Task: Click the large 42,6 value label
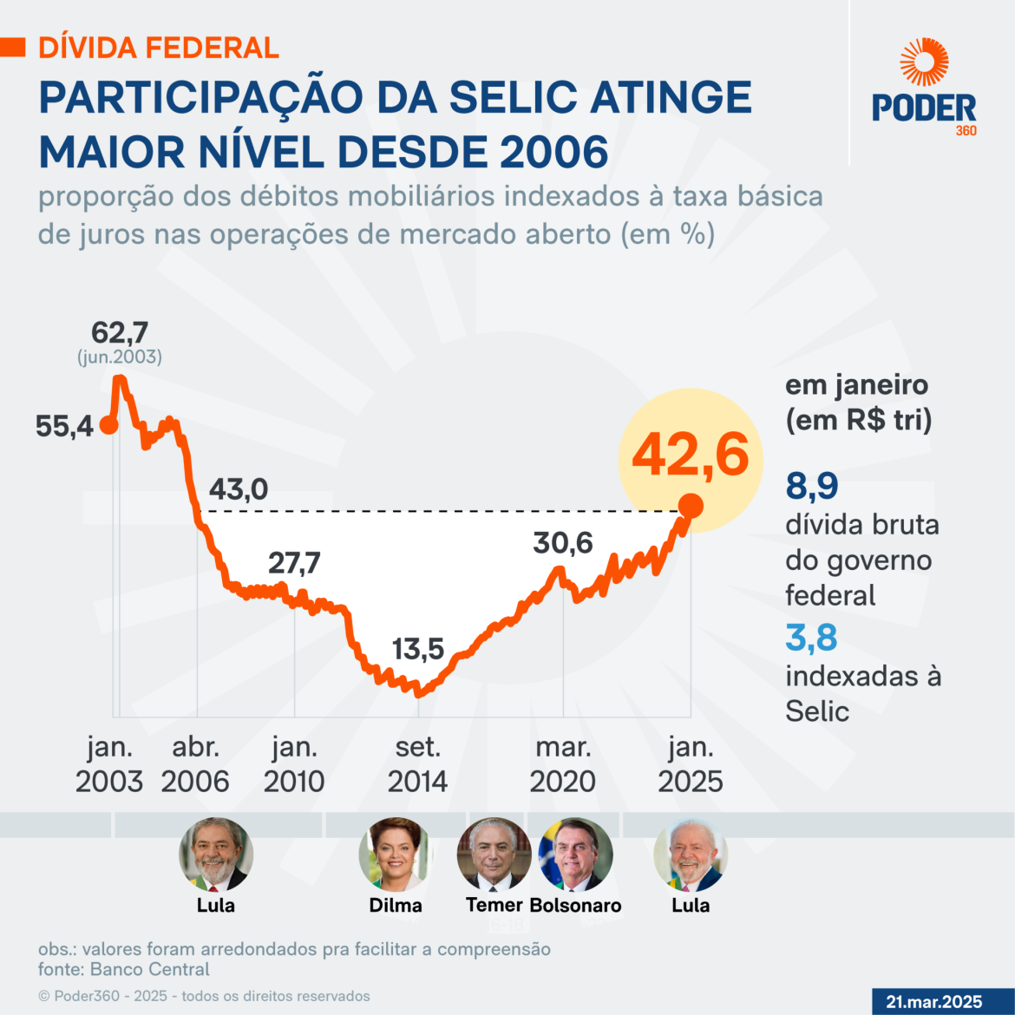point(690,454)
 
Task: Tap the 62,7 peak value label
point(120,333)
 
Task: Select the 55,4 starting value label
point(64,426)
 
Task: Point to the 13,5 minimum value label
point(418,649)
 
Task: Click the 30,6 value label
point(562,543)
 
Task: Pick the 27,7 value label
point(294,563)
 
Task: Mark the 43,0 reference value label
point(239,489)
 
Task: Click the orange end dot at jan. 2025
point(691,506)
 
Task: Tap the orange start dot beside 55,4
point(108,425)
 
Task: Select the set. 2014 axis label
point(417,764)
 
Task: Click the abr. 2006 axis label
point(195,764)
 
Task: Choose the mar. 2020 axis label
point(562,764)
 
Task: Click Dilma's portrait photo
point(396,855)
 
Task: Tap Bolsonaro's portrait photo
point(575,855)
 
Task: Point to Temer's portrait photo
point(494,855)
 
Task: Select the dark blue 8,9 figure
point(812,486)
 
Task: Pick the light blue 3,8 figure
point(811,638)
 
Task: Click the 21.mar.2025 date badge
point(933,1002)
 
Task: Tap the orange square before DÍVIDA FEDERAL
point(13,47)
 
